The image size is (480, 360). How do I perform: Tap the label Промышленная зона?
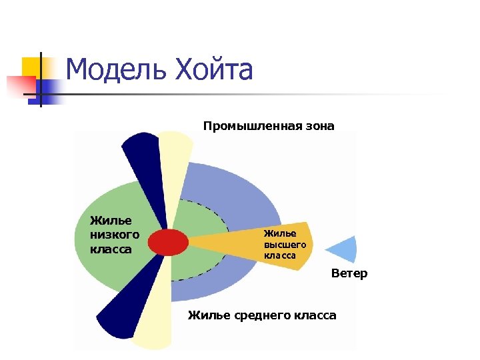(x=269, y=126)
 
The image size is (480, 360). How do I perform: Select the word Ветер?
(x=349, y=273)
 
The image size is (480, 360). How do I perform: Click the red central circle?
(x=168, y=241)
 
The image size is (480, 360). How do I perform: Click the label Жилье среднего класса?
(x=262, y=315)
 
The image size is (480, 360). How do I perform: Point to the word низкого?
(x=115, y=235)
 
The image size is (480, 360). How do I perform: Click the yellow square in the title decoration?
(x=31, y=67)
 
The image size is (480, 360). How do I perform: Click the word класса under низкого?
(x=111, y=249)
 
